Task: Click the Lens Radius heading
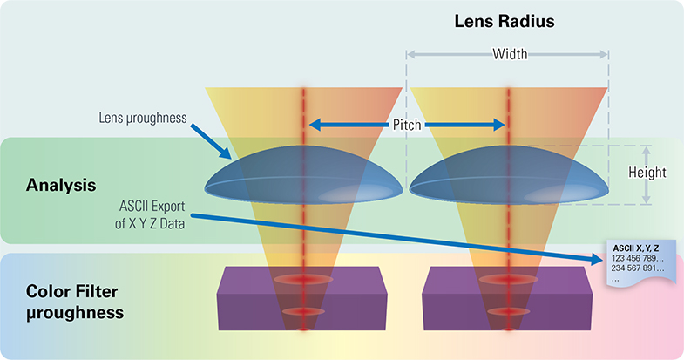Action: click(506, 20)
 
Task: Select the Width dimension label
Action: click(510, 54)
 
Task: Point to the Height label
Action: click(647, 173)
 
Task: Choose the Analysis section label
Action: click(61, 186)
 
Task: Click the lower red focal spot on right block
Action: click(507, 311)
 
